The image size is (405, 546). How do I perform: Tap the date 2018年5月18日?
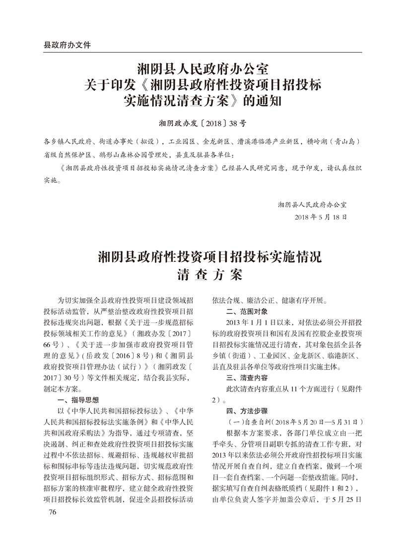pos(321,217)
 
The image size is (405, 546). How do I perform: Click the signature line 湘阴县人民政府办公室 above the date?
pos(312,204)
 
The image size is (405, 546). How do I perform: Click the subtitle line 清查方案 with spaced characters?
pos(202,274)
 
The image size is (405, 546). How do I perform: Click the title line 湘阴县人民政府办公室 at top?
pos(202,67)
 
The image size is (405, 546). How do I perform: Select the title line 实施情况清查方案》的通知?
pos(202,102)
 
